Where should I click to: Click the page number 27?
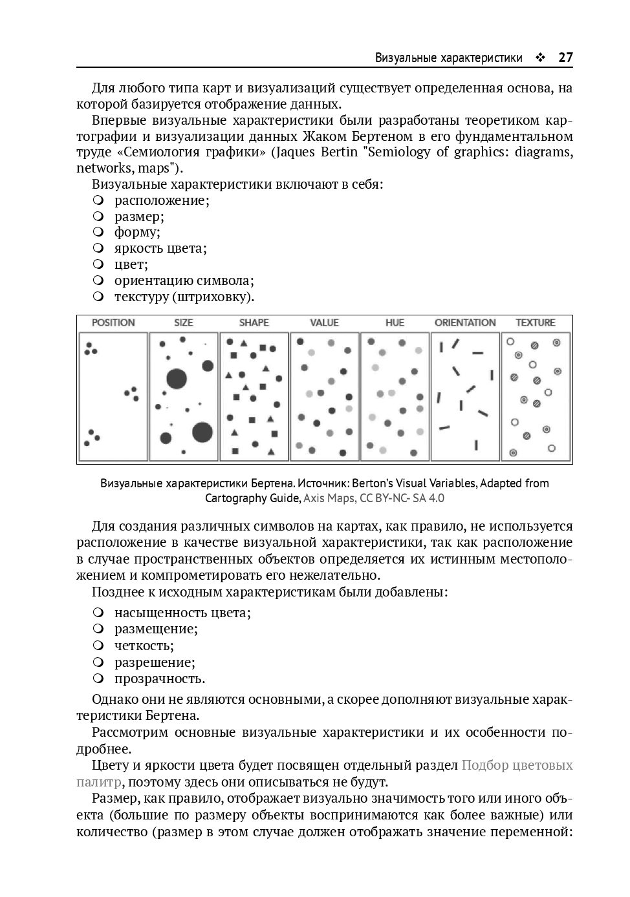click(565, 58)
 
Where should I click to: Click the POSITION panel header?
click(113, 322)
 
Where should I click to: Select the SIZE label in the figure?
click(184, 322)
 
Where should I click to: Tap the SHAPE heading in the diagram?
click(254, 322)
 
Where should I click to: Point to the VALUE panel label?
click(324, 322)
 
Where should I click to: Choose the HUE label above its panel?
click(395, 322)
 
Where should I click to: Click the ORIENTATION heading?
click(465, 322)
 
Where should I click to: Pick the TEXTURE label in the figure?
click(536, 322)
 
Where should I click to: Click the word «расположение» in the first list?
click(161, 200)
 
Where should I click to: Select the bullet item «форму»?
click(136, 232)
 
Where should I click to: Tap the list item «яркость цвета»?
click(160, 248)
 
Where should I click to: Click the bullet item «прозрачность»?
click(159, 679)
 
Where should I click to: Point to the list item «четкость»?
click(144, 646)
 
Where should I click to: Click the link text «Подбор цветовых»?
click(517, 765)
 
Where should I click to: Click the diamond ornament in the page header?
click(540, 58)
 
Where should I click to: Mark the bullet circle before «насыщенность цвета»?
click(98, 612)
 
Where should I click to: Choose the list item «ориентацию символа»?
click(184, 280)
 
